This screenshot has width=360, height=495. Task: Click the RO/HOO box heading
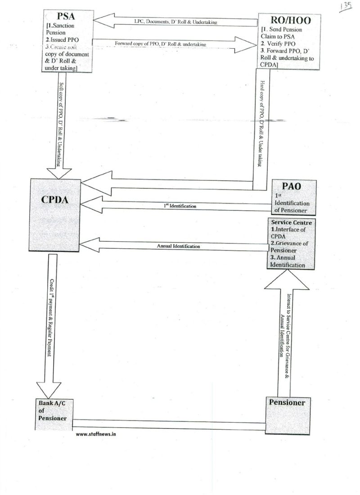click(288, 20)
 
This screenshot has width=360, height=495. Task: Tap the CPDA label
click(55, 200)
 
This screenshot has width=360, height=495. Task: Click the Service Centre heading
click(291, 223)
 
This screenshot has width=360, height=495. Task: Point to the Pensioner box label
click(287, 402)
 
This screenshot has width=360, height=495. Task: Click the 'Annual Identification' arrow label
click(179, 246)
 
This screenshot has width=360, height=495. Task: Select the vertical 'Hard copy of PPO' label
click(261, 124)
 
